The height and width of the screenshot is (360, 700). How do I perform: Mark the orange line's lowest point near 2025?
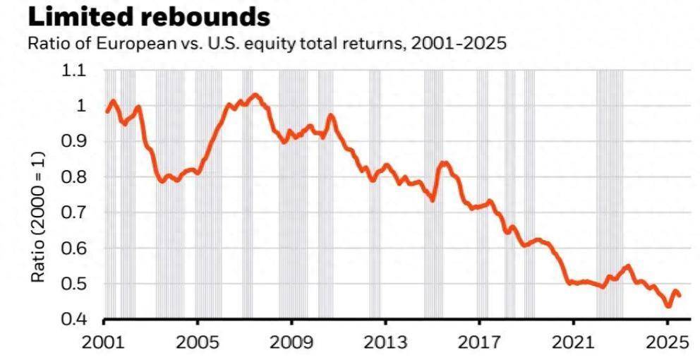tap(668, 306)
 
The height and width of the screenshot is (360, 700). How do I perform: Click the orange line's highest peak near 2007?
tap(255, 95)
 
